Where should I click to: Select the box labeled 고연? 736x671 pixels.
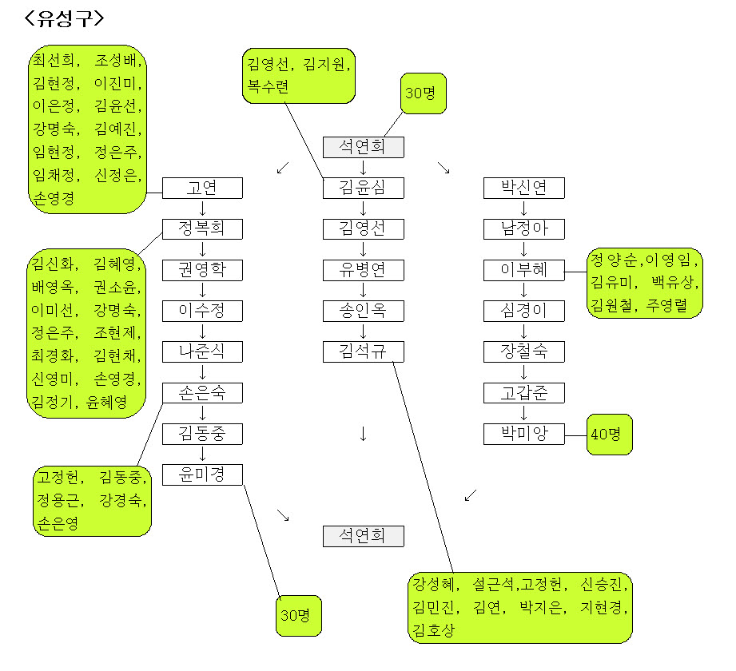click(x=202, y=189)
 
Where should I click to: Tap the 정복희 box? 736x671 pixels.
click(x=202, y=229)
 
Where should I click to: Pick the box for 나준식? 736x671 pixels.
click(x=202, y=351)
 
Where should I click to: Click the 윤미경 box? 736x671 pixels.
click(x=202, y=474)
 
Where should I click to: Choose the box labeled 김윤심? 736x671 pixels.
click(x=364, y=189)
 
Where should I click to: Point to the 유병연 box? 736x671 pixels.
click(x=364, y=270)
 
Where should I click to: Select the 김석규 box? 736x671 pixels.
click(x=364, y=351)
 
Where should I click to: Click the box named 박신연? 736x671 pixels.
click(x=524, y=189)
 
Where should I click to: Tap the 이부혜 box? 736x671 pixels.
click(x=524, y=270)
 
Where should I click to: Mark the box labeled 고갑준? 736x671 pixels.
click(x=524, y=393)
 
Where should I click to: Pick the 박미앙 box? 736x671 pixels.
click(x=524, y=434)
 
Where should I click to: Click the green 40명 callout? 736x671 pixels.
click(x=609, y=435)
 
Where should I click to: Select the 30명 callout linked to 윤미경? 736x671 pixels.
click(x=299, y=616)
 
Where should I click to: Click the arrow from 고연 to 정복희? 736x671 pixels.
click(x=203, y=209)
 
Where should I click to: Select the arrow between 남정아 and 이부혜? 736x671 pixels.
click(x=524, y=250)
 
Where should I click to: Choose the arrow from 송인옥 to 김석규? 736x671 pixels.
click(x=364, y=332)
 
